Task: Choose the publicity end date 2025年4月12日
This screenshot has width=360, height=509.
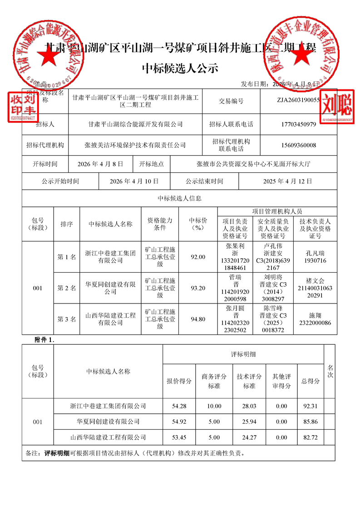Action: [287, 181]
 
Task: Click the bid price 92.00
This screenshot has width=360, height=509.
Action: [198, 257]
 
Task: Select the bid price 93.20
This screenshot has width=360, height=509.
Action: [198, 288]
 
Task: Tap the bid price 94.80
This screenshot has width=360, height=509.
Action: [198, 319]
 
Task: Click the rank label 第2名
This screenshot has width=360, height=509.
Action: [66, 288]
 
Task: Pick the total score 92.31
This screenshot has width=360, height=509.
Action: [311, 406]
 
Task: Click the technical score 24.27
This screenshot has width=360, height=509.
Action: [249, 437]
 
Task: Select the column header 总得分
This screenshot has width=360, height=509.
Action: [311, 381]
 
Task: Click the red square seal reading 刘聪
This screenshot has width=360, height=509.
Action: [336, 107]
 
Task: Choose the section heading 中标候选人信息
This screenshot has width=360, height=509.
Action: [179, 198]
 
